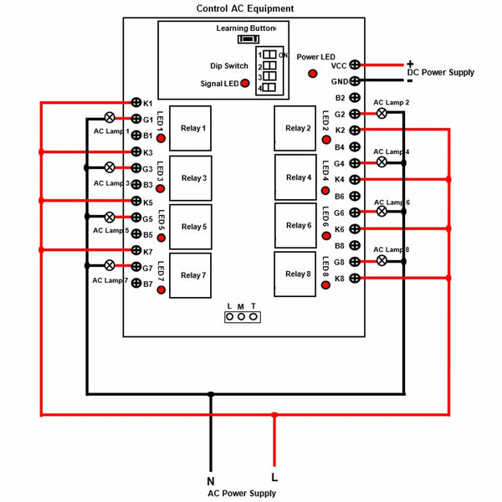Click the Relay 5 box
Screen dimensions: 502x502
(191, 227)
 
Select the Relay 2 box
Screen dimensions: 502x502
(295, 128)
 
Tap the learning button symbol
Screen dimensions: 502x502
(248, 39)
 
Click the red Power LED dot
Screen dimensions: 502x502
(312, 74)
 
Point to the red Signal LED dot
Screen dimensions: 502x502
(245, 83)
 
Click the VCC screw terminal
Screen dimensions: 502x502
(355, 64)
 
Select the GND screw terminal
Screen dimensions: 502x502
(355, 81)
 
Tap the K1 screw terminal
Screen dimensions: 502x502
(136, 102)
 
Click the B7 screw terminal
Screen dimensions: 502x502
(136, 283)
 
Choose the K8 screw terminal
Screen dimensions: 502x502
(355, 279)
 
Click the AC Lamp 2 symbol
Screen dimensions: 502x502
(382, 113)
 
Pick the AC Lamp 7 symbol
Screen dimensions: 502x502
(110, 265)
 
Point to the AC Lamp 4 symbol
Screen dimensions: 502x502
(382, 162)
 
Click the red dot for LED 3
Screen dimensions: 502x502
(160, 188)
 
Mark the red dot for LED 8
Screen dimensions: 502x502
(325, 285)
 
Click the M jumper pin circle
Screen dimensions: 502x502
(242, 316)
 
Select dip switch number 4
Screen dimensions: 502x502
(269, 87)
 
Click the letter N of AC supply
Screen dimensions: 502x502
(211, 481)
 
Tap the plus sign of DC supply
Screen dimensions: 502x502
(410, 64)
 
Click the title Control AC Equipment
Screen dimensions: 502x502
(245, 8)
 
